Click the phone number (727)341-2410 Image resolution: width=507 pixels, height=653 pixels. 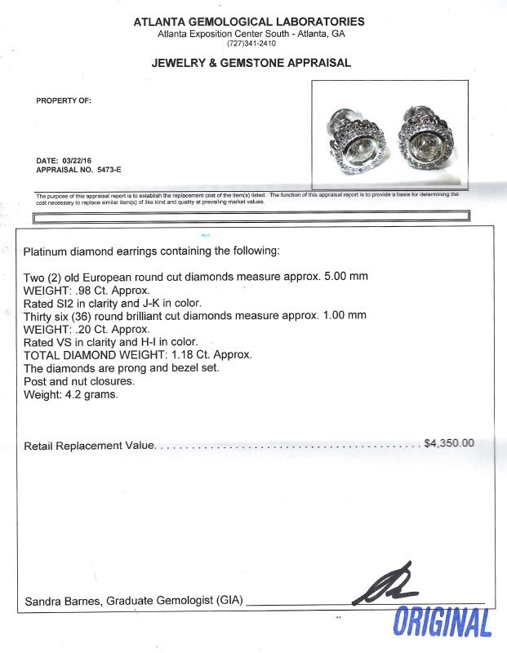point(251,43)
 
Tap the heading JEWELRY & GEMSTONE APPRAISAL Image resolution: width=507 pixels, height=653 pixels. point(251,63)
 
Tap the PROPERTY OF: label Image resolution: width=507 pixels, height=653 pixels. point(64,101)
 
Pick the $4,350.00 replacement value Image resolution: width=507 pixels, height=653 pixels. point(448,443)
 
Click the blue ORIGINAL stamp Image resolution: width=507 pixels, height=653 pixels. point(443,624)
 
